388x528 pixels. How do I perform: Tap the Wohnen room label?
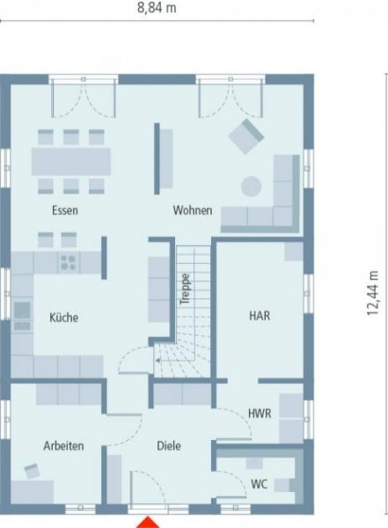tap(191, 211)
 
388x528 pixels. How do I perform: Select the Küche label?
tap(63, 318)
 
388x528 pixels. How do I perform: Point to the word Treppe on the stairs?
tap(186, 290)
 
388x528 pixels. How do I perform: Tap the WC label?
tap(259, 483)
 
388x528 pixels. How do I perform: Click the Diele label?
tap(169, 446)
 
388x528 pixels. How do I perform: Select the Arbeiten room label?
tap(63, 446)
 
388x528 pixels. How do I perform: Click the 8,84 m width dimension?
tap(157, 8)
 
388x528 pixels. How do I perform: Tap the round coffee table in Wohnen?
tap(253, 187)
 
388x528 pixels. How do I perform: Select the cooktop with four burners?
tap(67, 261)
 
